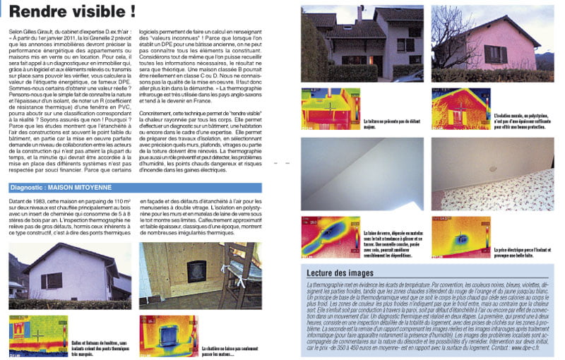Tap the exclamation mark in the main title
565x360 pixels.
coord(131,12)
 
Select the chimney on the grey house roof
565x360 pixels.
coord(360,12)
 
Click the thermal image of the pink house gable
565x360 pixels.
coord(460,108)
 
